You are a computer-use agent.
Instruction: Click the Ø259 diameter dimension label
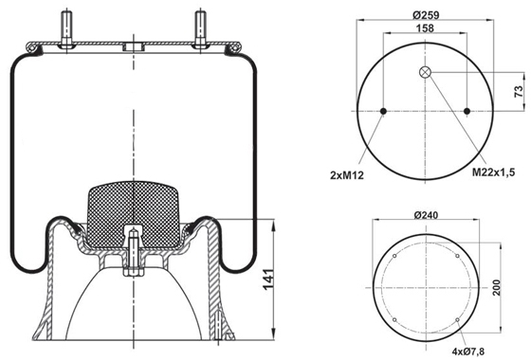(426, 15)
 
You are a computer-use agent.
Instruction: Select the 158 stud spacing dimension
(425, 28)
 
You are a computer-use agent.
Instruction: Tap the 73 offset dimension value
(519, 92)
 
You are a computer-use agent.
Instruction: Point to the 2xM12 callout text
(347, 175)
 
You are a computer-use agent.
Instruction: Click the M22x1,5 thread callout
(493, 172)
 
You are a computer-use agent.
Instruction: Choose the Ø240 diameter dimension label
(426, 215)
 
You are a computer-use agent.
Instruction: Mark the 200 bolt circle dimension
(497, 288)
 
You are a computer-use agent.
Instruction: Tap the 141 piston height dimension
(267, 279)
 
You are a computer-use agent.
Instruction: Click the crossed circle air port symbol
(425, 72)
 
